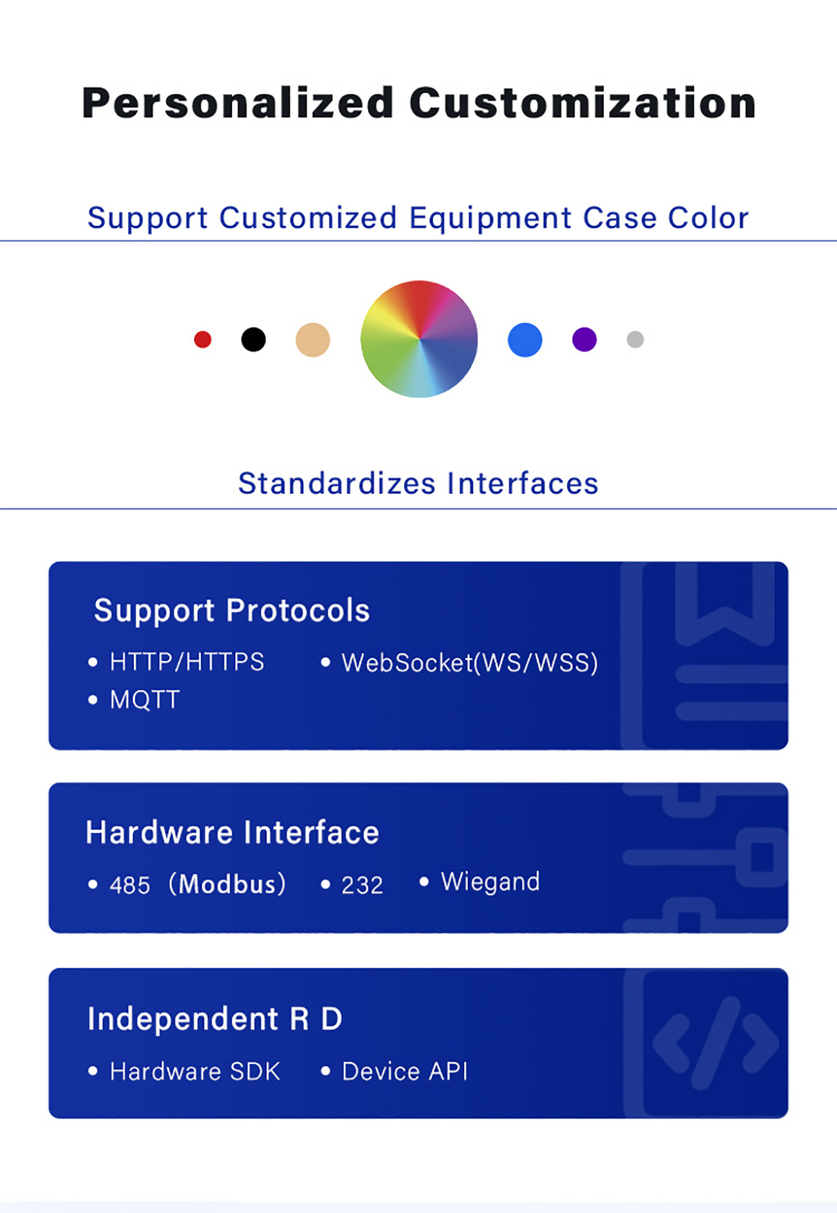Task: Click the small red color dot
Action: [x=202, y=339]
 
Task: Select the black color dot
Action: [x=253, y=339]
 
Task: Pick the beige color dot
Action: [x=313, y=340]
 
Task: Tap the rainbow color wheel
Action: [x=419, y=339]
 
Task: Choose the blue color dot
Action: [x=525, y=340]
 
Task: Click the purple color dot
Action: [x=584, y=339]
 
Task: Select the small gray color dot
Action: [x=635, y=339]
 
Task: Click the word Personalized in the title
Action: [x=237, y=103]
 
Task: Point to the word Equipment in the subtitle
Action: [x=490, y=218]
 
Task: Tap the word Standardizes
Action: [x=337, y=483]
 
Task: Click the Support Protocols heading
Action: [x=232, y=611]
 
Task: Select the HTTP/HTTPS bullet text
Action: [x=186, y=662]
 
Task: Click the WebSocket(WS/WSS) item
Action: [x=470, y=663]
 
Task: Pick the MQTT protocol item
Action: [x=145, y=699]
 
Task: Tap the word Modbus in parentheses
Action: [x=228, y=884]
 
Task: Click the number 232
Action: [x=362, y=885]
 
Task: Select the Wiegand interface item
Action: [x=491, y=882]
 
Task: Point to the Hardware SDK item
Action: [x=195, y=1071]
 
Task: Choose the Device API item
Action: [x=405, y=1071]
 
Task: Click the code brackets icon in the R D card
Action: [x=716, y=1043]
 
